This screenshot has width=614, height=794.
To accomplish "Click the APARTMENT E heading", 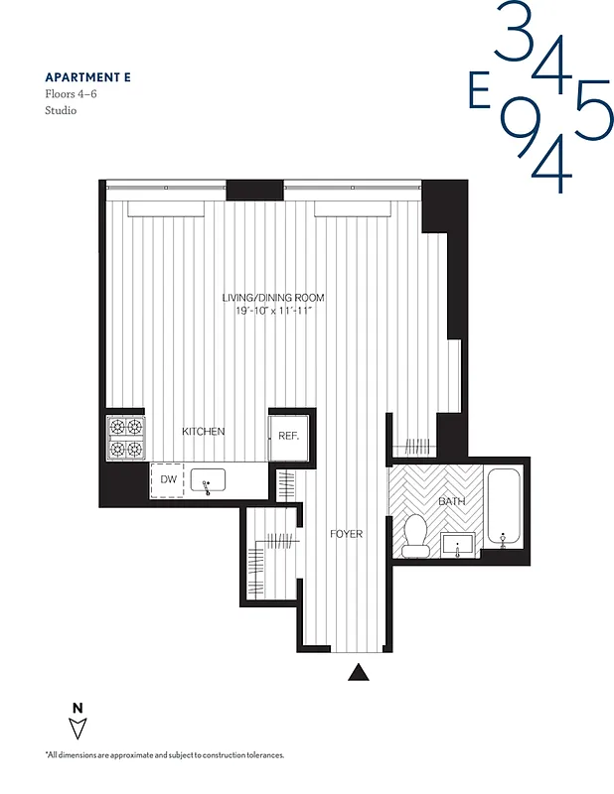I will tap(86, 76).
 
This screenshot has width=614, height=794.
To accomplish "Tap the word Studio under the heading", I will tap(61, 110).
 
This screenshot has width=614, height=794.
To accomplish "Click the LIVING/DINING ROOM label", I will tap(272, 298).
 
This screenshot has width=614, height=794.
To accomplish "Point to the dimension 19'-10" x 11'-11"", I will tap(272, 312).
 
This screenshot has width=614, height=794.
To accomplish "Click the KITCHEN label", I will tap(203, 432).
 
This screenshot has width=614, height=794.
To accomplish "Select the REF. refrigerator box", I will tap(288, 435).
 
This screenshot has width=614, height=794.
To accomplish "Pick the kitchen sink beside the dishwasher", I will tap(209, 481).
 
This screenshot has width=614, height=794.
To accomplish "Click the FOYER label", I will tap(347, 534).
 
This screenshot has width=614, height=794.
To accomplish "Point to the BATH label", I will tap(452, 502).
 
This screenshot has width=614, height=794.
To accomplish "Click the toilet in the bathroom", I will tap(415, 533).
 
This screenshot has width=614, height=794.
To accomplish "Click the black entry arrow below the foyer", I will tap(359, 674).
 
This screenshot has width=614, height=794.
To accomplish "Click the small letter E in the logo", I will tap(479, 96).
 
